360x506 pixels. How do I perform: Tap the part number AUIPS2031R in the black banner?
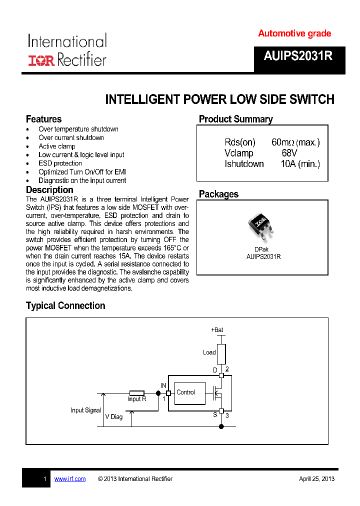coord(298,56)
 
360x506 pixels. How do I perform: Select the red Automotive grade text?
coord(294,33)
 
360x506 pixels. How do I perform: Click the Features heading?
coord(44,119)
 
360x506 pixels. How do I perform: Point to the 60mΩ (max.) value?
coord(295,142)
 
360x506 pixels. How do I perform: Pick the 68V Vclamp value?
coord(289,153)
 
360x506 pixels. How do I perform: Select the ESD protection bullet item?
coord(60,163)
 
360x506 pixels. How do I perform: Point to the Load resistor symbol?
coord(221,353)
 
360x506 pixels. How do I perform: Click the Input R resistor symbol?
coord(137,393)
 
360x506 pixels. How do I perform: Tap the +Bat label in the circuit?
coord(217,330)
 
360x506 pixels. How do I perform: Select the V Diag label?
coord(113,416)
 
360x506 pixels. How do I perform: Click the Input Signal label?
coord(85,410)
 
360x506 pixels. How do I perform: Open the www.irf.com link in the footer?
coord(70,479)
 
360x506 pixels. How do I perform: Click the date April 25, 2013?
coord(316,479)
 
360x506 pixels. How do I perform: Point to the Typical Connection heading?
coord(65,305)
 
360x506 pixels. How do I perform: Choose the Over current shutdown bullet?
coord(71,137)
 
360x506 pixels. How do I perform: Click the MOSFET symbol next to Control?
coord(217,393)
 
